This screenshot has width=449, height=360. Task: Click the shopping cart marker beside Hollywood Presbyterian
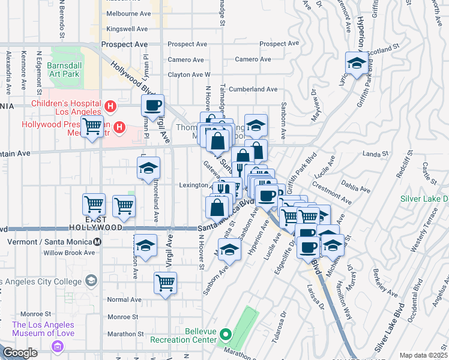pyautogui.click(x=92, y=127)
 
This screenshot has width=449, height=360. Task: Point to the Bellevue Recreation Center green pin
pyautogui.click(x=225, y=334)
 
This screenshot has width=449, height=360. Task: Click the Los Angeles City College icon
pyautogui.click(x=91, y=280)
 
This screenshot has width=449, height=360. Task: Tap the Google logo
pyautogui.click(x=20, y=353)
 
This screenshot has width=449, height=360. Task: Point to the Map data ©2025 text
pyautogui.click(x=423, y=355)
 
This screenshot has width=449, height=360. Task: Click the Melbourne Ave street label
pyautogui.click(x=127, y=13)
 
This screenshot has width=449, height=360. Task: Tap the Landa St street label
pyautogui.click(x=376, y=154)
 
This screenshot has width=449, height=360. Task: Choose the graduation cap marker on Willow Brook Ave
pyautogui.click(x=145, y=245)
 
